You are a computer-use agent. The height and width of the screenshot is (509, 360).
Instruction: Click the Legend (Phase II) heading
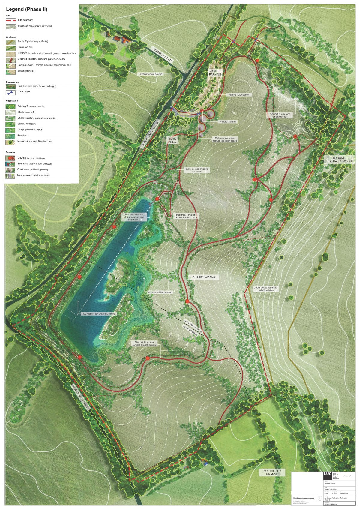pyautogui.click(x=26, y=9)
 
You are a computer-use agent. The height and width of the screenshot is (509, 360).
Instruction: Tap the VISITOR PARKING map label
pyautogui.click(x=215, y=73)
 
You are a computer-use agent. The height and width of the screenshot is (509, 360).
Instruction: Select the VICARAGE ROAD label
pyautogui.click(x=162, y=55)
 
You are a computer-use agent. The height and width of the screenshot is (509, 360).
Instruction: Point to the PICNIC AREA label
pyautogui.click(x=172, y=140)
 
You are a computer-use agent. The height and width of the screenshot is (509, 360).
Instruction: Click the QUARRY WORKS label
pyautogui.click(x=204, y=277)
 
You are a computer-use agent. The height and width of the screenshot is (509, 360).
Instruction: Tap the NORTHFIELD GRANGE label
pyautogui.click(x=272, y=472)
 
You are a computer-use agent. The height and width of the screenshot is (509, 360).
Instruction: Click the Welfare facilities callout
pyautogui.click(x=227, y=122)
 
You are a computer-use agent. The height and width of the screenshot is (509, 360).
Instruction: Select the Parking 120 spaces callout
pyautogui.click(x=238, y=95)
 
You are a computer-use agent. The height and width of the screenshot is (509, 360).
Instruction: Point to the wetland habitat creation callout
pyautogui.click(x=160, y=292)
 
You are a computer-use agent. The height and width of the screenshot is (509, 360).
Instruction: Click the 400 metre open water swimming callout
pyautogui.click(x=98, y=314)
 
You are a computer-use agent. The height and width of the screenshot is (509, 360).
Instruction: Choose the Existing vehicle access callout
pyautogui.click(x=150, y=74)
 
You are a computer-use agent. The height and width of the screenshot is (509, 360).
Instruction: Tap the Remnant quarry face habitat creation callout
pyautogui.click(x=279, y=115)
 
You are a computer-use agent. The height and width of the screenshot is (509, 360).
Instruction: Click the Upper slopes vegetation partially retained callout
pyautogui.click(x=266, y=289)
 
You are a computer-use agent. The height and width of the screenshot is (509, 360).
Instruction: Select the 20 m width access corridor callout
pyautogui.click(x=144, y=343)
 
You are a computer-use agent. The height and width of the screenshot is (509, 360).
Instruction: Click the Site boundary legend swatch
pyautogui.click(x=11, y=20)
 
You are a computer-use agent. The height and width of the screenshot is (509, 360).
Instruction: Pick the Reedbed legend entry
pyautogui.click(x=22, y=136)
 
